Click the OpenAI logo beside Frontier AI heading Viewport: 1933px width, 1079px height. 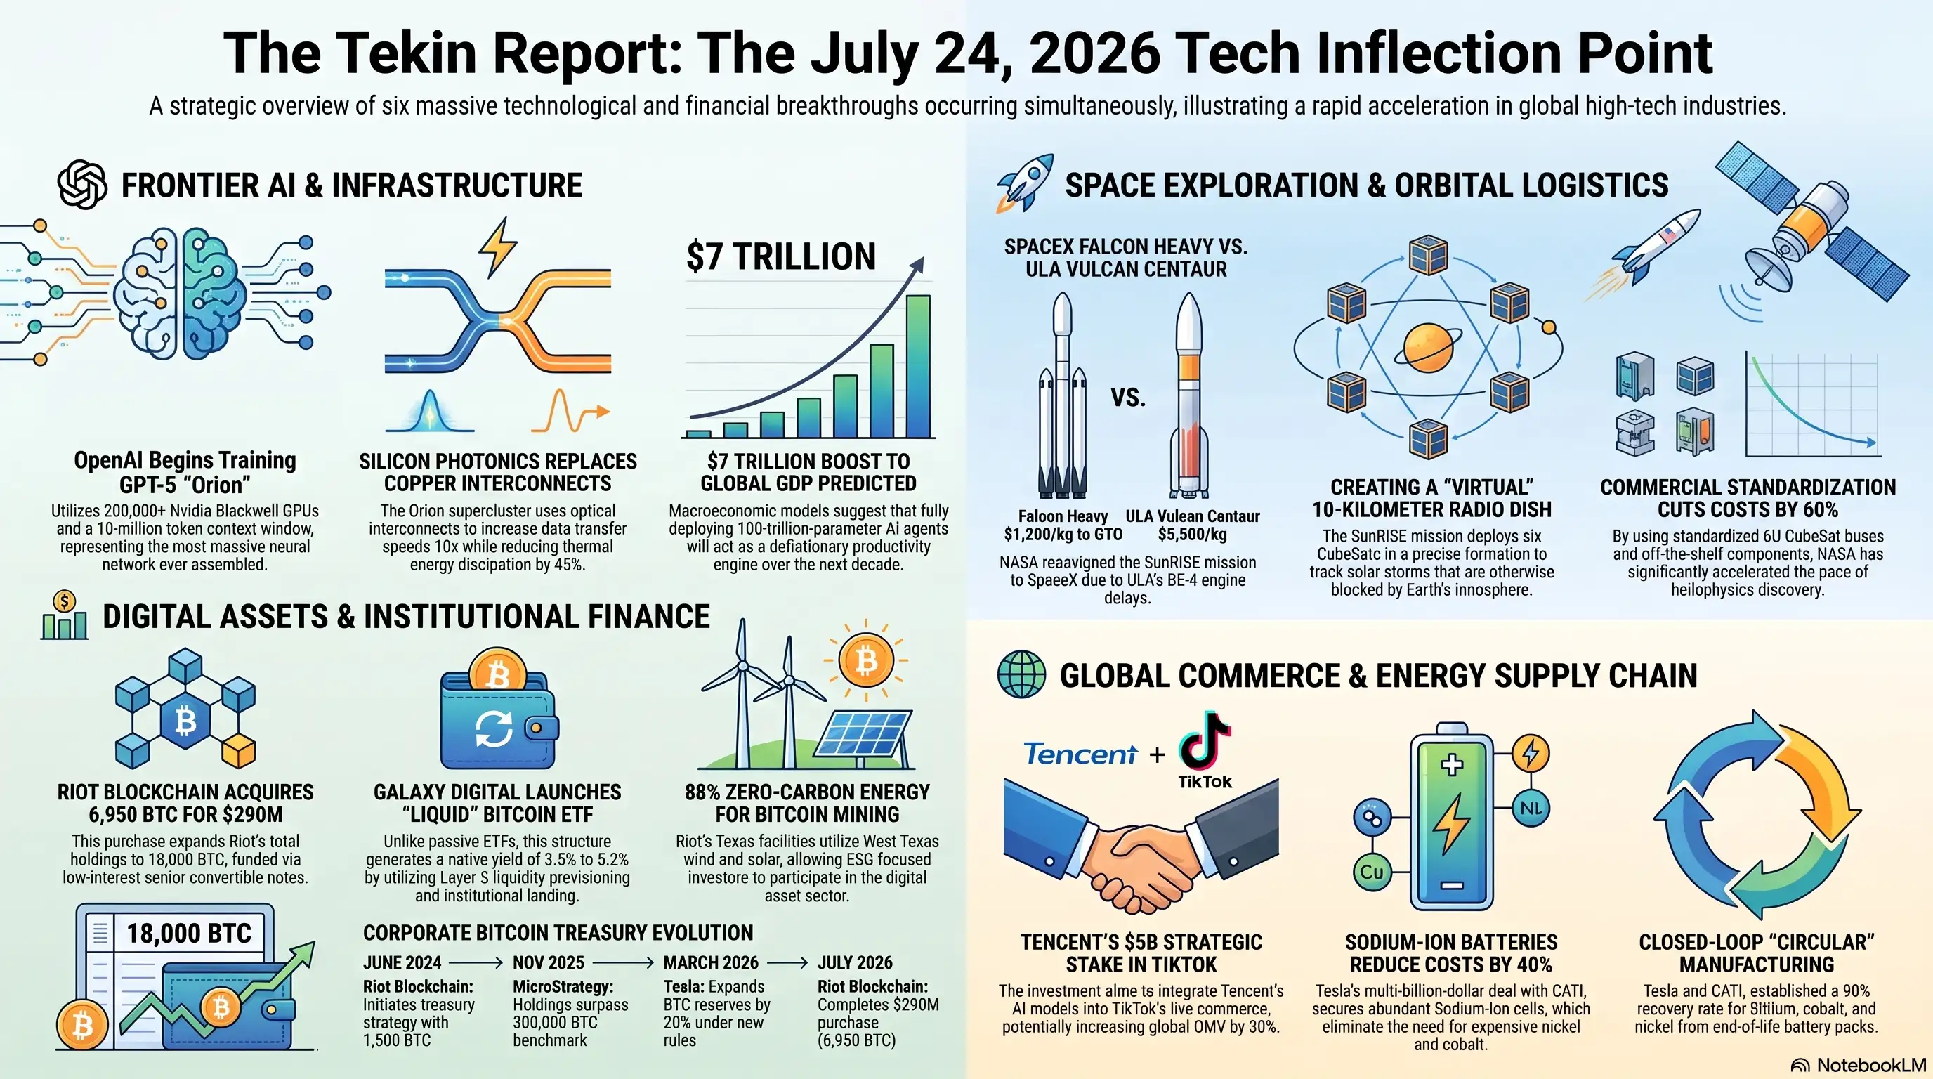[83, 185]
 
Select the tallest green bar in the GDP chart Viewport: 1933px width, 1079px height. [918, 366]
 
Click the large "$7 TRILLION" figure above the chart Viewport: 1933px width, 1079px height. [781, 256]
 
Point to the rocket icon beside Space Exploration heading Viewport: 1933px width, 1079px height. [1024, 183]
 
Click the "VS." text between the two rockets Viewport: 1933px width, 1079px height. [1128, 397]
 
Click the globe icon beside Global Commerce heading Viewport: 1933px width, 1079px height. [1021, 674]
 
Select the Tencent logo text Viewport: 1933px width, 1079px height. [1080, 753]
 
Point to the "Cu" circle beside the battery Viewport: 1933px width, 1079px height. [1372, 872]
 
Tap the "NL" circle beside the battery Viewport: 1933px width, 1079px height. [1531, 808]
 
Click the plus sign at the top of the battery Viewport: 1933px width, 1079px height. [1452, 764]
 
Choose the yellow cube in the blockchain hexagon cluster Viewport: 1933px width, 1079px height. [240, 751]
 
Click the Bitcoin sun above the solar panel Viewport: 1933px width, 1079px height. [866, 662]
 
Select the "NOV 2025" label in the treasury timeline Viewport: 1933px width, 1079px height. [549, 962]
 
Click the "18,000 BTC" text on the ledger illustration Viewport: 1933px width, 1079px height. [189, 934]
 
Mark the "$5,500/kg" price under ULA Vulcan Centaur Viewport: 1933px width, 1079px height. [1193, 535]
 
